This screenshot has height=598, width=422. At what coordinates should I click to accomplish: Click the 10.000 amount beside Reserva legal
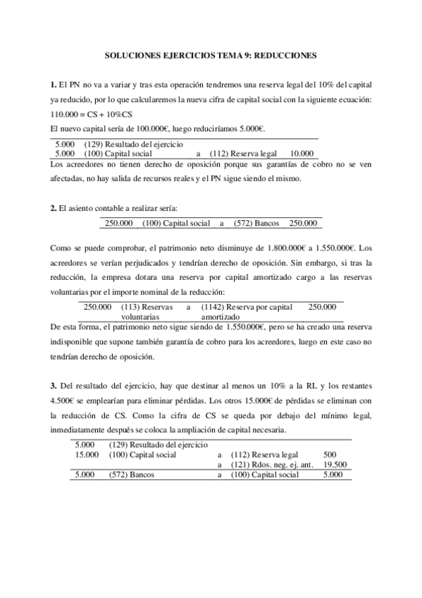pyautogui.click(x=302, y=152)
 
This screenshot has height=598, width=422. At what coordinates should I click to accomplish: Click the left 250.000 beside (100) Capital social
pyautogui.click(x=118, y=224)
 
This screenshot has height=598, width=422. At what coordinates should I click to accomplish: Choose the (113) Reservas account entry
pyautogui.click(x=143, y=307)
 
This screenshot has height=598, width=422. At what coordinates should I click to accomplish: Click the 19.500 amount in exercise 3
pyautogui.click(x=334, y=465)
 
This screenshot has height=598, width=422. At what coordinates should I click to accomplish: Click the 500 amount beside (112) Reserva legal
pyautogui.click(x=328, y=455)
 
